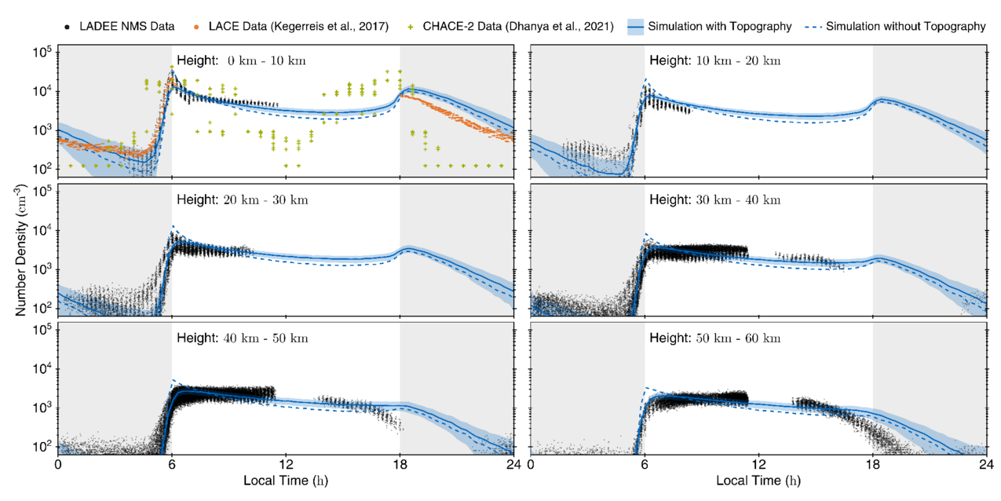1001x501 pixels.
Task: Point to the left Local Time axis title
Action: point(285,480)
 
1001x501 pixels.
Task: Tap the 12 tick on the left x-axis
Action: point(286,465)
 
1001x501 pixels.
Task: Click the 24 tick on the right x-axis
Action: point(986,465)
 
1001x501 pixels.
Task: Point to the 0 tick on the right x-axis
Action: point(531,465)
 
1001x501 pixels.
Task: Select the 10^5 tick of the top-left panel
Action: point(42,53)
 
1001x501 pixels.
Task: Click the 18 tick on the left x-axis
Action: point(400,465)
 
